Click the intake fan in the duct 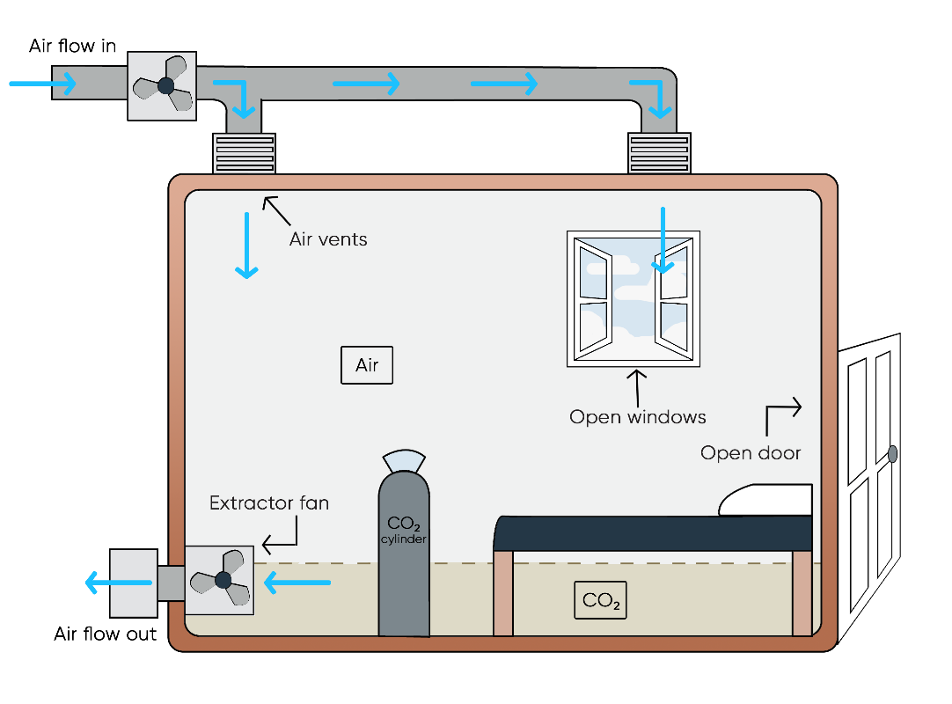click(x=162, y=85)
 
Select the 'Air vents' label click(x=328, y=238)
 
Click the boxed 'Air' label click(x=367, y=365)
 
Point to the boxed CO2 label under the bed click(x=600, y=601)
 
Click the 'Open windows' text click(x=638, y=417)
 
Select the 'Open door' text click(x=751, y=453)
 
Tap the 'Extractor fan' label click(x=269, y=503)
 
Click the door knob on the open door click(x=892, y=454)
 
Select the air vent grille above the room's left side click(x=245, y=154)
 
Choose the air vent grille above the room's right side click(x=659, y=154)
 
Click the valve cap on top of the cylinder click(x=404, y=460)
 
